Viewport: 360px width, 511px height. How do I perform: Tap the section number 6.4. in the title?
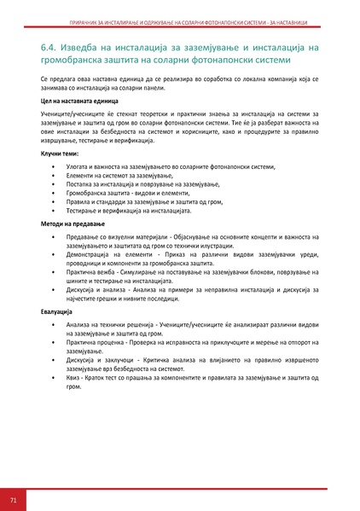52,47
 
